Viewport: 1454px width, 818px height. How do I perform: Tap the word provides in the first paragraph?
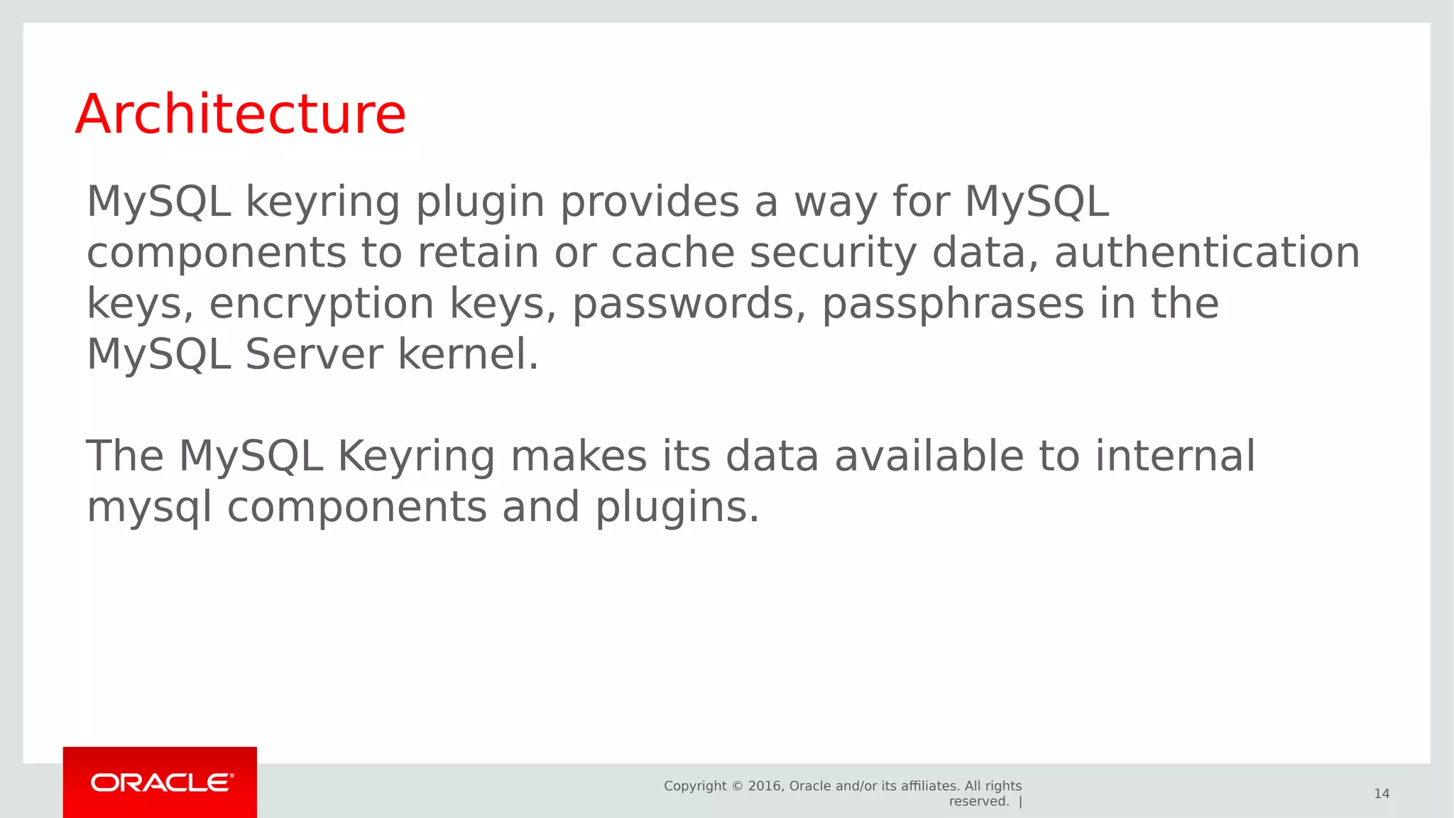click(x=649, y=202)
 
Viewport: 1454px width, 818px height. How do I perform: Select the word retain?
click(x=478, y=253)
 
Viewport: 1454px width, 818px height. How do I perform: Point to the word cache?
click(x=672, y=253)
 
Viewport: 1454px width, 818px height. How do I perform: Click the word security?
click(x=833, y=254)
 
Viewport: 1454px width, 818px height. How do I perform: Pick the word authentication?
click(x=1206, y=253)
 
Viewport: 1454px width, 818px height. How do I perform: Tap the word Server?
click(x=314, y=354)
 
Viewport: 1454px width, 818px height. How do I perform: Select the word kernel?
click(x=468, y=354)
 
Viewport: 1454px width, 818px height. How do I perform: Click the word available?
click(x=929, y=456)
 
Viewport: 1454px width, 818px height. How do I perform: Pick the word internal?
click(x=1175, y=456)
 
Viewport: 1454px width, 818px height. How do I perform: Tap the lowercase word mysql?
click(x=149, y=508)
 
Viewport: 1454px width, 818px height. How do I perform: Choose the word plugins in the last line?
click(x=677, y=508)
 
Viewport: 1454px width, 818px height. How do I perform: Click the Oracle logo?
click(x=160, y=782)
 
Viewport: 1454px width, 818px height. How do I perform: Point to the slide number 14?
click(x=1382, y=794)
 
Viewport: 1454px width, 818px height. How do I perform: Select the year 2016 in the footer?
click(x=764, y=786)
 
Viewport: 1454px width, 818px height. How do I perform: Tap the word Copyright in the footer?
click(x=695, y=786)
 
